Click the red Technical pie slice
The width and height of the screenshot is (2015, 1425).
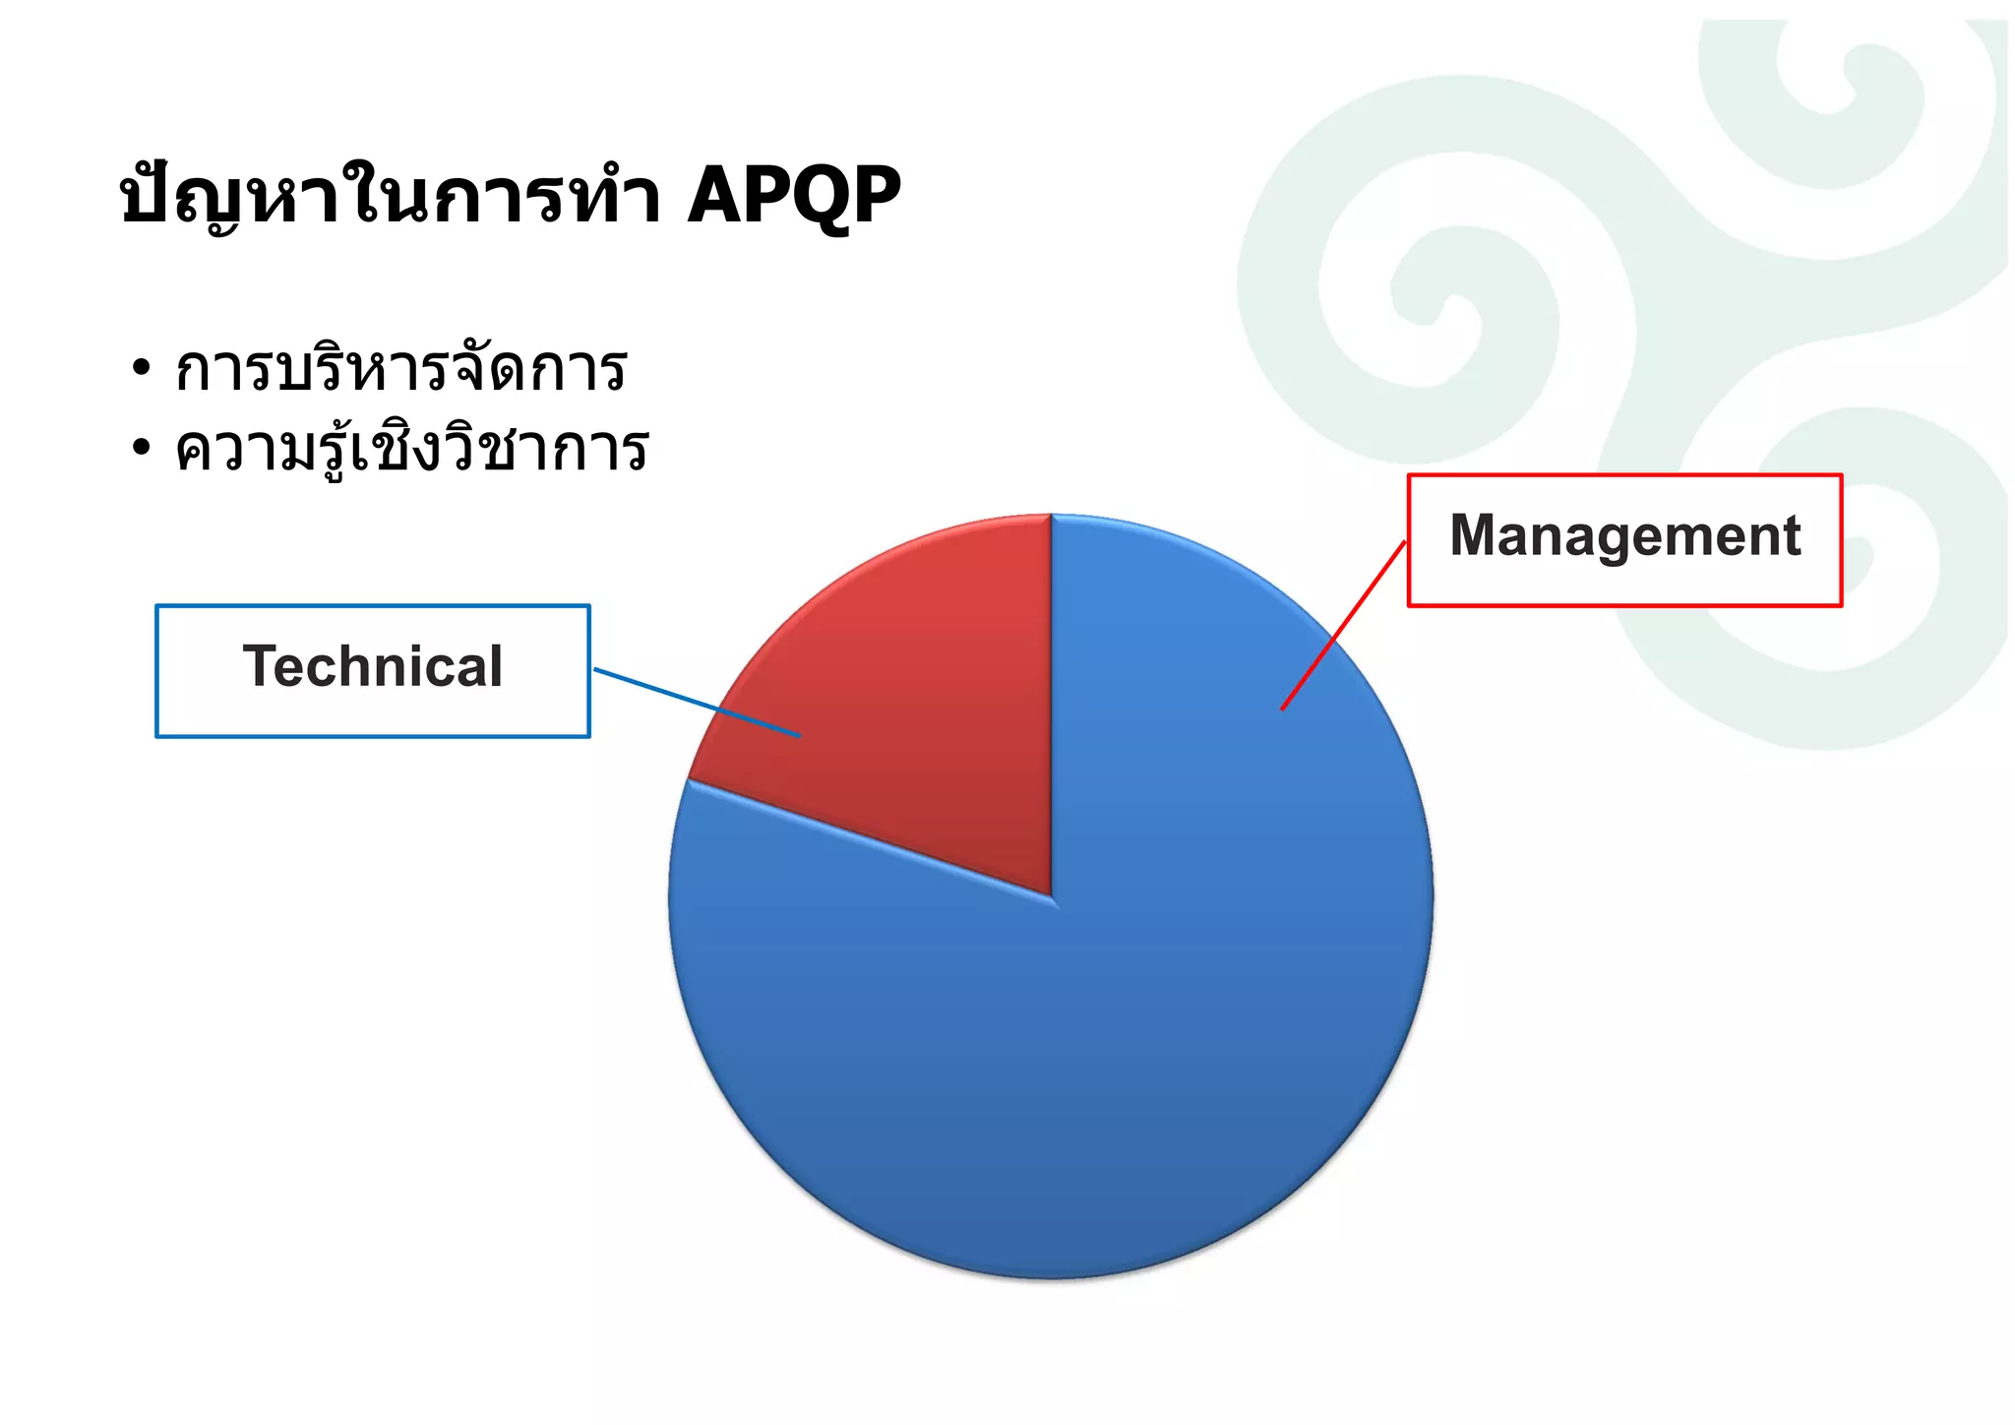coord(915,709)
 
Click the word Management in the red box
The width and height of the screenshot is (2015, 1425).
coord(1624,536)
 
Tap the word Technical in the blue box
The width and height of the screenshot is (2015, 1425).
coord(373,666)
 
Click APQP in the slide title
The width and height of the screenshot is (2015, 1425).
coord(793,196)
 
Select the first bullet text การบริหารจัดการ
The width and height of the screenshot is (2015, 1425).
coord(400,369)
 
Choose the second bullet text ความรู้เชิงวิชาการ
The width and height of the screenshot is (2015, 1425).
coord(411,449)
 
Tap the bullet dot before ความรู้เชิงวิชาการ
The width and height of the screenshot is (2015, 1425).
coord(142,449)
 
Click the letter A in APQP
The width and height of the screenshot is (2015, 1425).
coord(714,196)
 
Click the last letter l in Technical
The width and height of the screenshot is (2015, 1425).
coord(496,666)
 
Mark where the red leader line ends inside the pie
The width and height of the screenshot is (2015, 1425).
coord(1283,708)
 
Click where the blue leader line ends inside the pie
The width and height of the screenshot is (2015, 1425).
coord(798,735)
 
